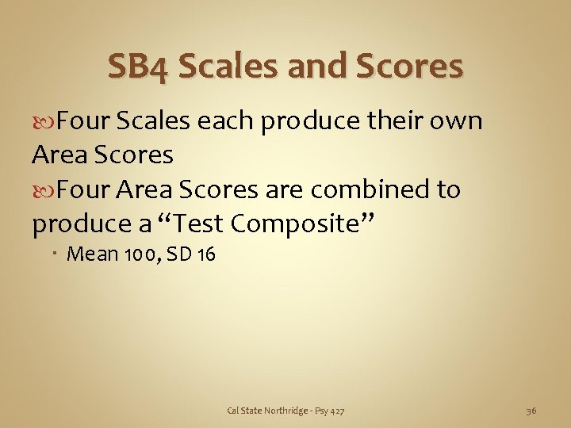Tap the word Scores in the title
point(410,67)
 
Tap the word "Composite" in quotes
point(301,224)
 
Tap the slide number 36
point(531,410)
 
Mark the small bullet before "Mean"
point(59,254)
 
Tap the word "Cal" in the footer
point(233,410)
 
